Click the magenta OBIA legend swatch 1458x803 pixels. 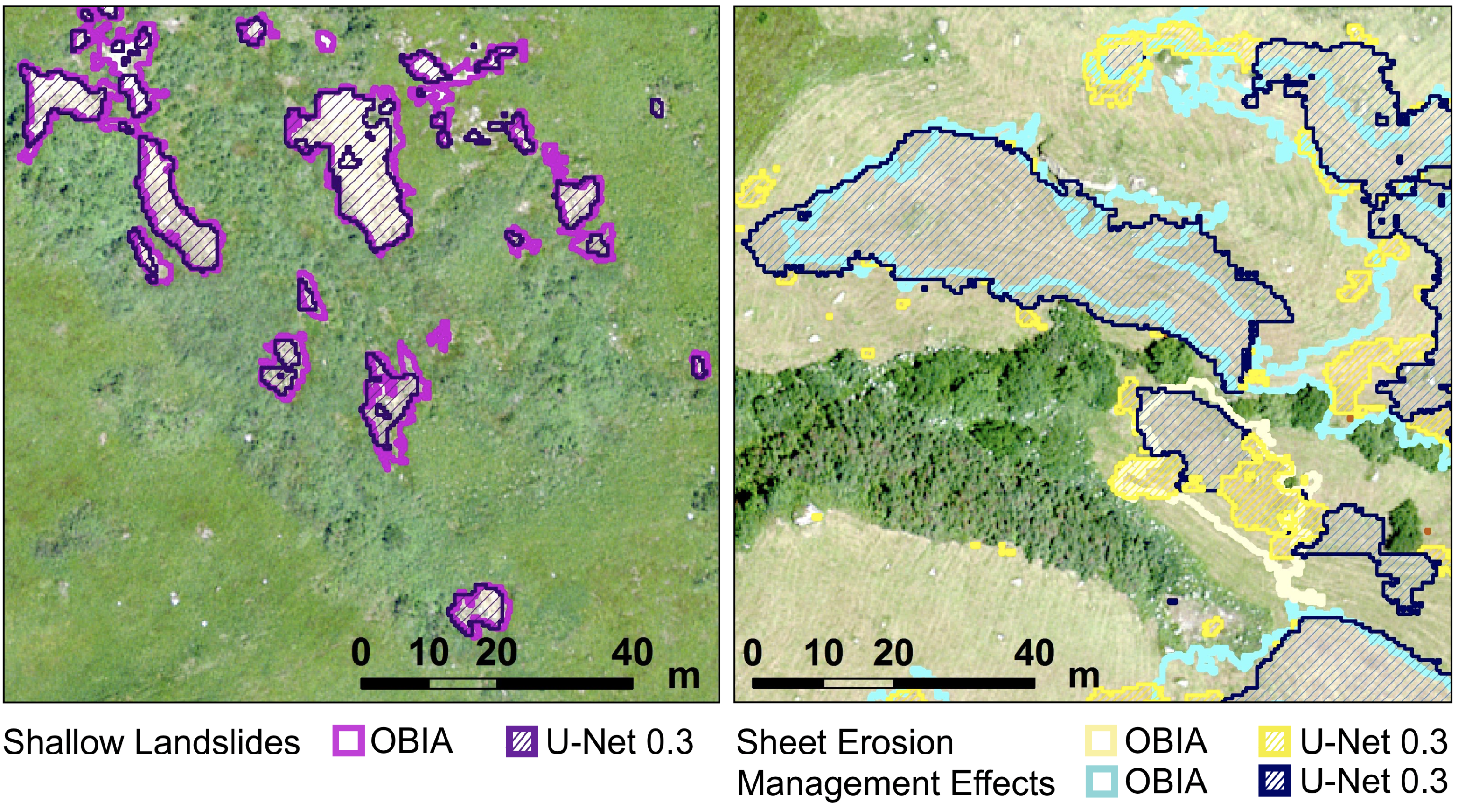tap(348, 741)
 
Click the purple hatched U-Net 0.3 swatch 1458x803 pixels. tap(521, 741)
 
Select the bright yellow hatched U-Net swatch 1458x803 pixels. tap(1274, 741)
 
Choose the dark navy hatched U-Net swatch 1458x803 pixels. tap(1274, 782)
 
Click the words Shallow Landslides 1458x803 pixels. tap(152, 742)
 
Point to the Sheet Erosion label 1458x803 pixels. tap(844, 742)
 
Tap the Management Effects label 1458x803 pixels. tap(895, 782)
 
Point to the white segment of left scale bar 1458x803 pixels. tap(462, 684)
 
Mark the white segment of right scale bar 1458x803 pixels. tap(858, 684)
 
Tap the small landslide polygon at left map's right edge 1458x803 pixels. tap(700, 364)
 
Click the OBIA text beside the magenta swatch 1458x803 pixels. tap(412, 741)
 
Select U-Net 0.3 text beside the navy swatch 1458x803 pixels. tap(1373, 782)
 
